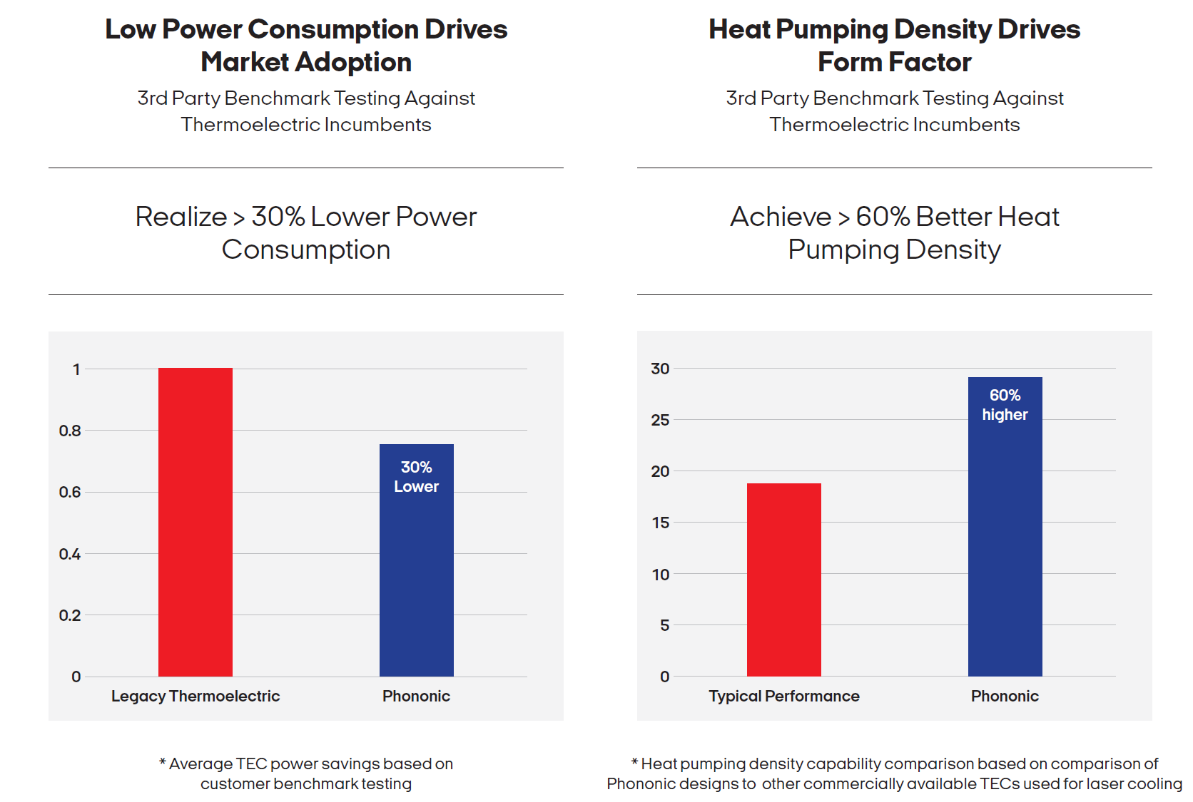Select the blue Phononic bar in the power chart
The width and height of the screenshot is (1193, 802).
click(x=416, y=570)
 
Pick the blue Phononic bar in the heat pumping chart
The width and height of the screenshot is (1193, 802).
click(x=1005, y=542)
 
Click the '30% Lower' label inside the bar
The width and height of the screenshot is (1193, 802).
click(x=416, y=477)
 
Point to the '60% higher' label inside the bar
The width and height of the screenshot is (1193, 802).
click(x=1005, y=405)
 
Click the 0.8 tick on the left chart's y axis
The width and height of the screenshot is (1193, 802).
click(x=70, y=431)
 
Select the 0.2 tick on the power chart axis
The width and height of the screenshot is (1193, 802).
click(x=70, y=615)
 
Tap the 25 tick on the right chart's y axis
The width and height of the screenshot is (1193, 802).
click(x=660, y=420)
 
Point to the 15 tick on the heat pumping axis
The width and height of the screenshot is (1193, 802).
click(x=660, y=523)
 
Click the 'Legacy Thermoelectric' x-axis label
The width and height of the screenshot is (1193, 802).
click(x=195, y=696)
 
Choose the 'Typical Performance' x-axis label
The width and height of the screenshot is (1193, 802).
click(x=783, y=696)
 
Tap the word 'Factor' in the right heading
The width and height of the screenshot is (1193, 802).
click(x=930, y=63)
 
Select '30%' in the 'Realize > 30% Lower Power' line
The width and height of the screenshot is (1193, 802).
click(x=278, y=217)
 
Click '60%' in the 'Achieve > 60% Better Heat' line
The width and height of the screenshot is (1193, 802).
click(x=883, y=217)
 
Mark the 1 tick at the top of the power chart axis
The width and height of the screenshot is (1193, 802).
click(x=76, y=369)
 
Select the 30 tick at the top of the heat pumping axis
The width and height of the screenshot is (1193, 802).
click(x=660, y=369)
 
